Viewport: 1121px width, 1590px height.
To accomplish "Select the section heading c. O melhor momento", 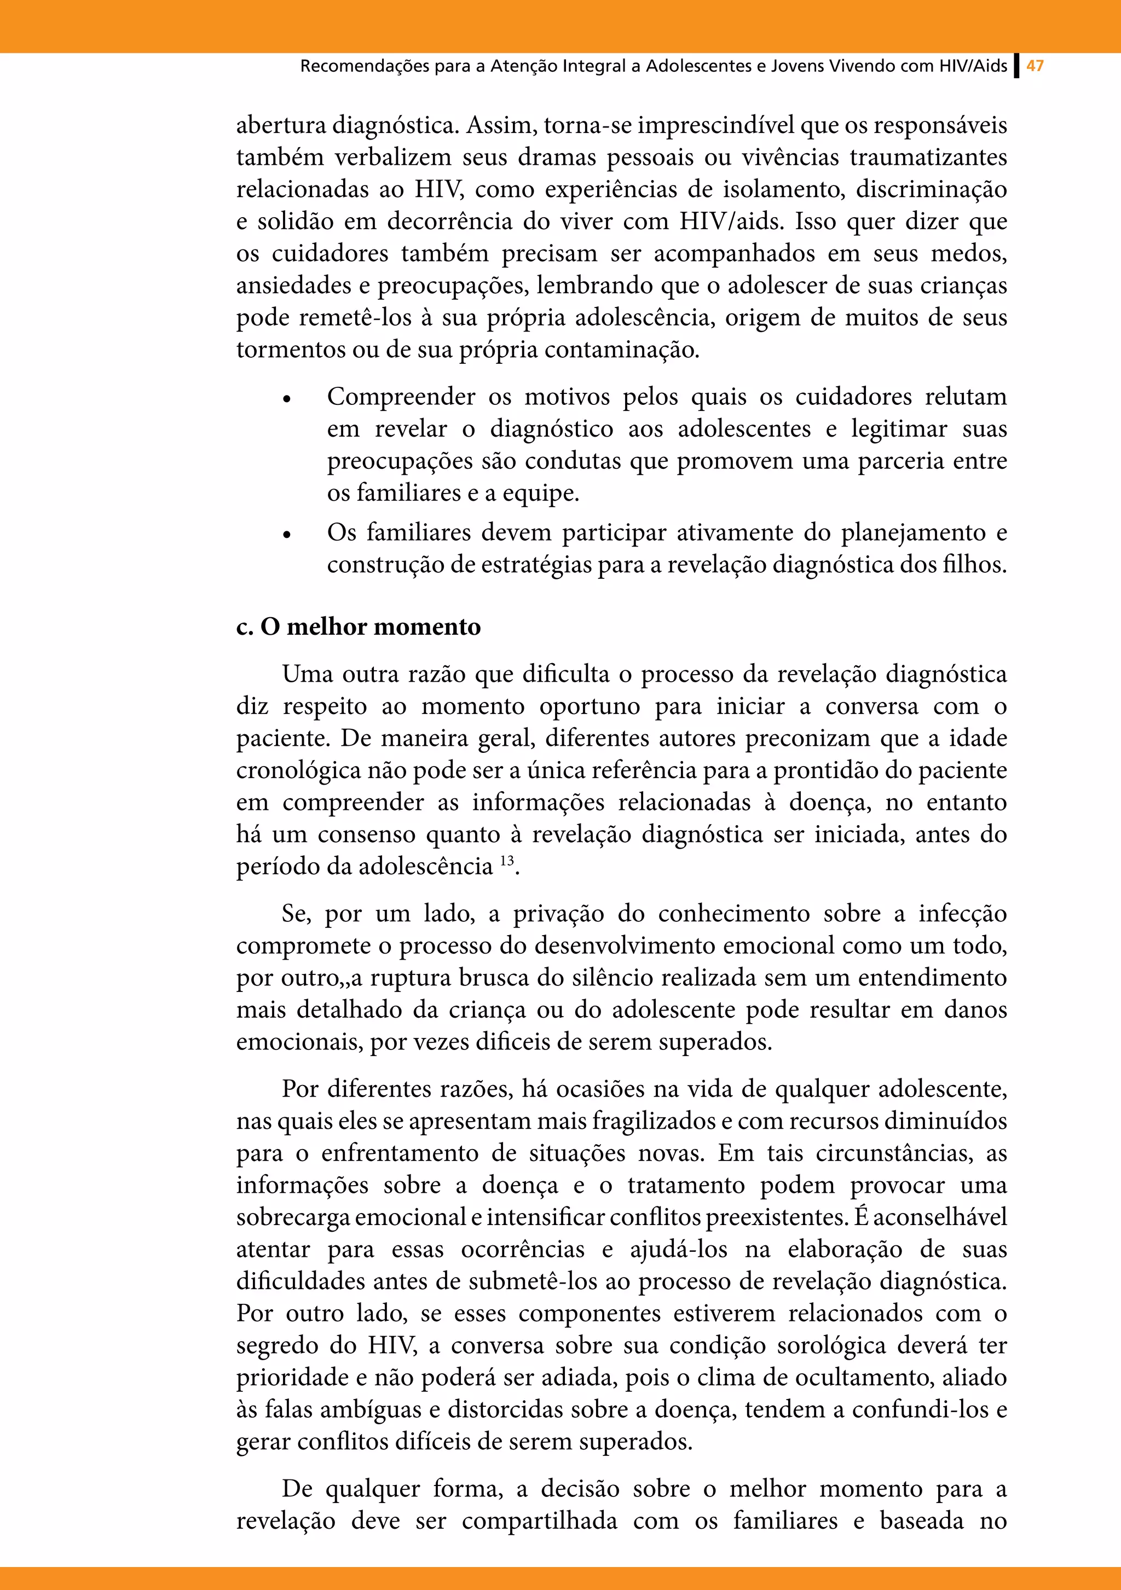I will (358, 626).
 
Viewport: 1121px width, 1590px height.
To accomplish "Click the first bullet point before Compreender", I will (286, 399).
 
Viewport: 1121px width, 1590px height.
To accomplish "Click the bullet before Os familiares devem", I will (286, 535).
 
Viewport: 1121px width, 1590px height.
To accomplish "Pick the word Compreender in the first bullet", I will (401, 397).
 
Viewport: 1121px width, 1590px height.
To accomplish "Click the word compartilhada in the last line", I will (540, 1521).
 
